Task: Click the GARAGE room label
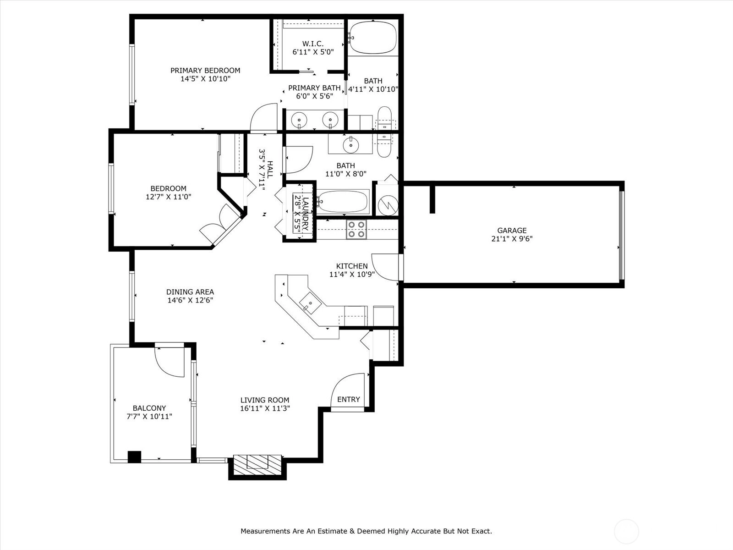coord(512,231)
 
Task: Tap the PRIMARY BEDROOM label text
coord(205,71)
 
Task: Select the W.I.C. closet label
coord(313,44)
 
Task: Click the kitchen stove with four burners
coord(356,230)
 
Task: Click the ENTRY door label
coord(348,399)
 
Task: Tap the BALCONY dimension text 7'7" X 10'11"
coord(149,417)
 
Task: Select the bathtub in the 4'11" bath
coord(373,38)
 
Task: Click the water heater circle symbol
coord(388,205)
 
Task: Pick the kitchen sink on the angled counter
coord(310,303)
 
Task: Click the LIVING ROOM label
coord(265,400)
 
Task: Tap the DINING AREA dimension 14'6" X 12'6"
coord(190,300)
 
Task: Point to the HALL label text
coord(270,169)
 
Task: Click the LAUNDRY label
coord(305,214)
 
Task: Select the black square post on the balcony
coord(134,457)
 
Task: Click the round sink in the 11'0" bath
coord(351,144)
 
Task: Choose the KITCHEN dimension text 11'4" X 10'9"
coord(352,275)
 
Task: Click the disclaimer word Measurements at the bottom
coord(265,531)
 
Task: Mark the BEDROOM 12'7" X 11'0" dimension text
coord(168,197)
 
